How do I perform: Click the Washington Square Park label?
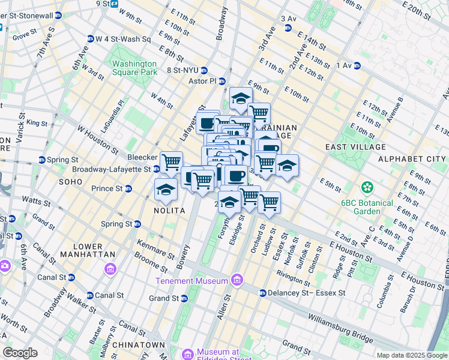(134, 68)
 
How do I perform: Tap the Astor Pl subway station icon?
(221, 81)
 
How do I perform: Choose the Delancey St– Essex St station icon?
(262, 293)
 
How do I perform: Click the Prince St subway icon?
(128, 188)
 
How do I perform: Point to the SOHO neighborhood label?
(70, 181)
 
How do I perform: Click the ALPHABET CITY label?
(411, 159)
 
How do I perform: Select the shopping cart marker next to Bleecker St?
(171, 161)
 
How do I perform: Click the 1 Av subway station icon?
(357, 65)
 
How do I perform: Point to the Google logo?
(20, 353)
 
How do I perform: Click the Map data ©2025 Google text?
(411, 355)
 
